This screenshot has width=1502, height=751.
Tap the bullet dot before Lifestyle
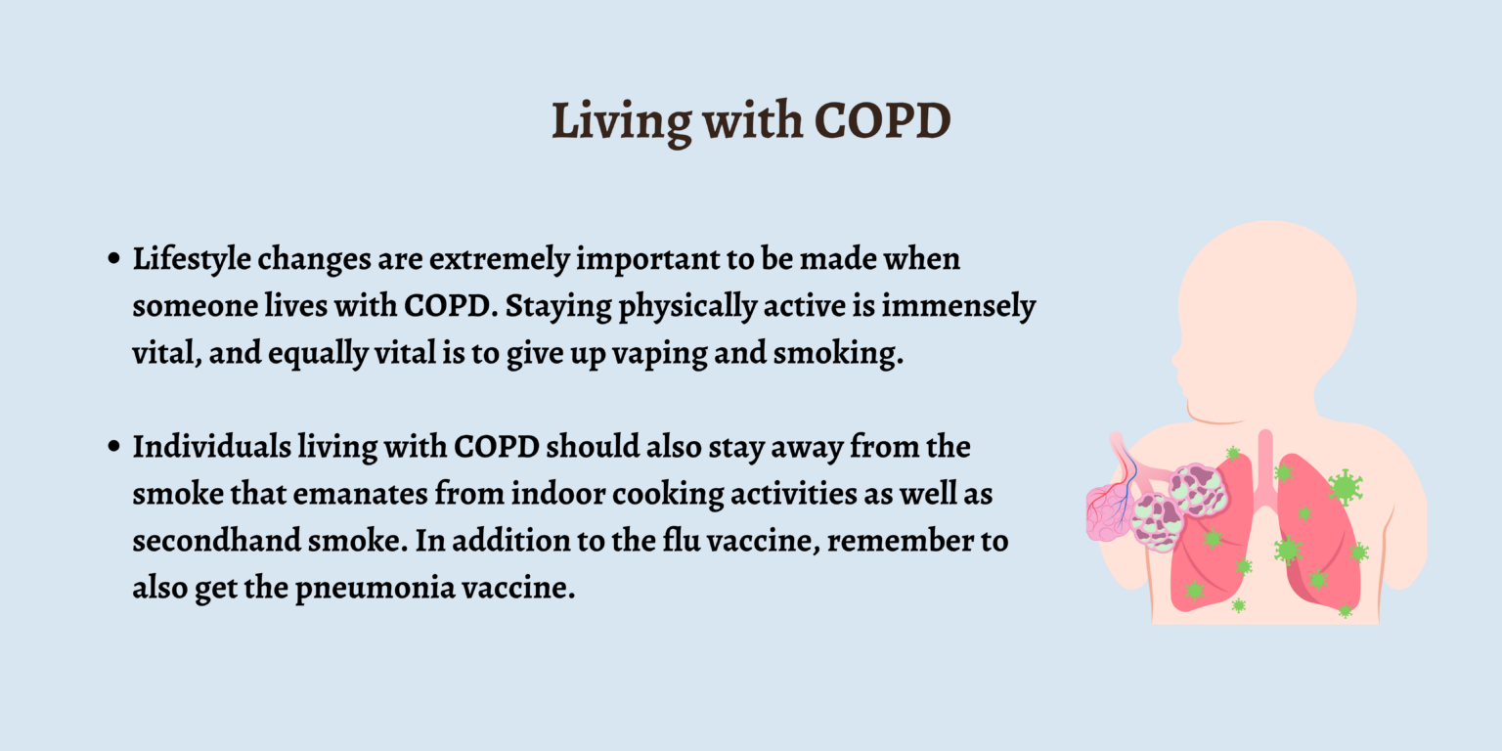[x=114, y=261]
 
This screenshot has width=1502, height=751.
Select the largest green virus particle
[x=1345, y=486]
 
